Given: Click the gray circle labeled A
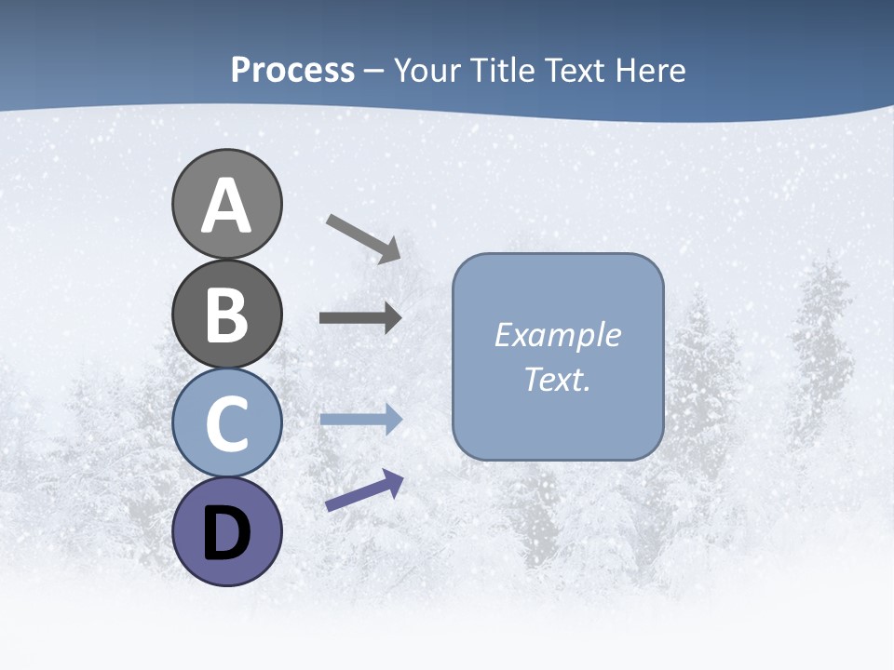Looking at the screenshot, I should (226, 205).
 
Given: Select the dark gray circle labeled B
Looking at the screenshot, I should (226, 315).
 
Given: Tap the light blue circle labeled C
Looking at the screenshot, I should (226, 423).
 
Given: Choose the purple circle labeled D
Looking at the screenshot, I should (226, 532).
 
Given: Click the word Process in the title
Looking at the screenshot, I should (292, 71).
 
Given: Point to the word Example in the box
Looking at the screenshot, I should (557, 335).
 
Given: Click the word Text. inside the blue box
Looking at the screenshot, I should (557, 380).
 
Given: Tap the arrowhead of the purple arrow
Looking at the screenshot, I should (393, 481).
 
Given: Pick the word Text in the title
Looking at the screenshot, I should (576, 71).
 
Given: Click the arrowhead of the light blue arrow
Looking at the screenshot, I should (392, 419).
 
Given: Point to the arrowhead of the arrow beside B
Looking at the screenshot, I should (392, 318).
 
